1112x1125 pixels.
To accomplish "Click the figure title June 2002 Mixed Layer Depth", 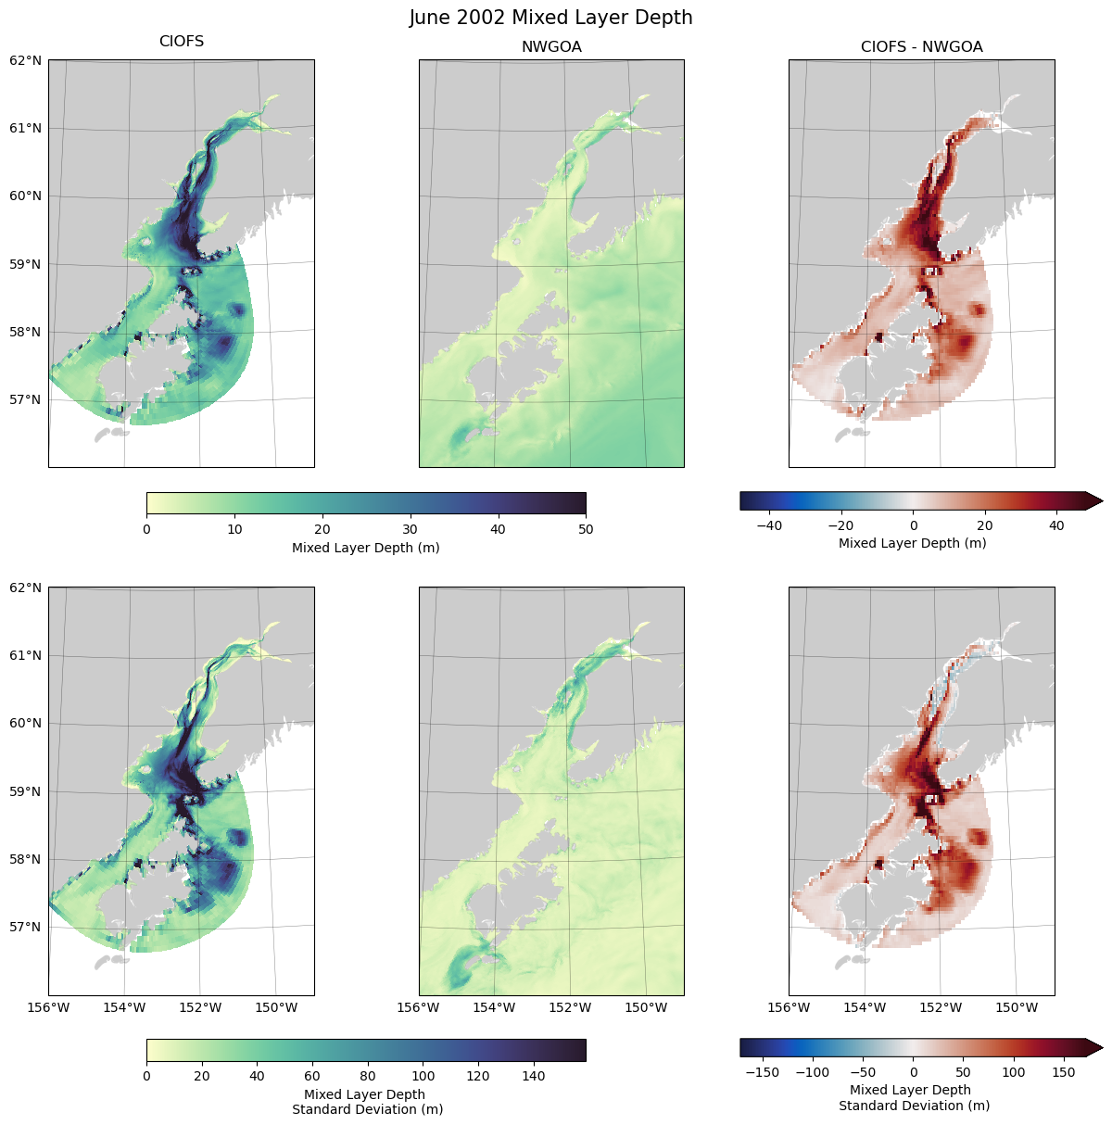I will point(551,18).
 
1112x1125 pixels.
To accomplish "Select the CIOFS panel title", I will point(182,42).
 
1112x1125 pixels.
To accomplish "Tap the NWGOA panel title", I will point(551,47).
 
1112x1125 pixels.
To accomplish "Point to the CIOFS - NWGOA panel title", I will point(921,47).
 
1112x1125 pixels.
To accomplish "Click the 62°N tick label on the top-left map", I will point(26,61).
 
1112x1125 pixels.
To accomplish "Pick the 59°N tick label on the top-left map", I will point(26,264).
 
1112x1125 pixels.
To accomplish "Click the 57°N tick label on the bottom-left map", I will point(26,927).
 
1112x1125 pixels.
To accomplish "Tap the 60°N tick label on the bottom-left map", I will point(26,724).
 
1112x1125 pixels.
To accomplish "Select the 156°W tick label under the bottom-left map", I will point(49,1007).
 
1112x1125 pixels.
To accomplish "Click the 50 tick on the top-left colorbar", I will point(586,529).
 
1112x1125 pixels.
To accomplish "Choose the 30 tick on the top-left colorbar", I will point(410,529).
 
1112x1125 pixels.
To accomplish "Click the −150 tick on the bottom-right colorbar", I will point(762,1072).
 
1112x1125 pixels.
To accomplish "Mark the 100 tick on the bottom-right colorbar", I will point(1014,1072).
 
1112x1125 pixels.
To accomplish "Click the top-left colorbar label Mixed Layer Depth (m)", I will point(366,548).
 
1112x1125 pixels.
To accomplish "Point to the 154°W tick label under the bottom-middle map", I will point(494,1007).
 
